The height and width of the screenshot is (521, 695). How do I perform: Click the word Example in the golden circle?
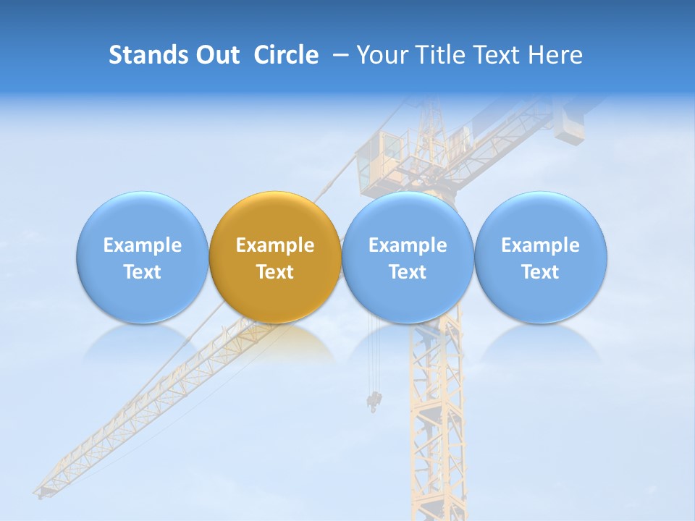[275, 245]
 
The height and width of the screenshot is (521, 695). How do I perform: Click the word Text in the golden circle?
[275, 272]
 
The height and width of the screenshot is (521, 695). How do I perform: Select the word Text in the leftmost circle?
[142, 272]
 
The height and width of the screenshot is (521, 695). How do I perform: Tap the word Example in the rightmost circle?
[541, 245]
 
